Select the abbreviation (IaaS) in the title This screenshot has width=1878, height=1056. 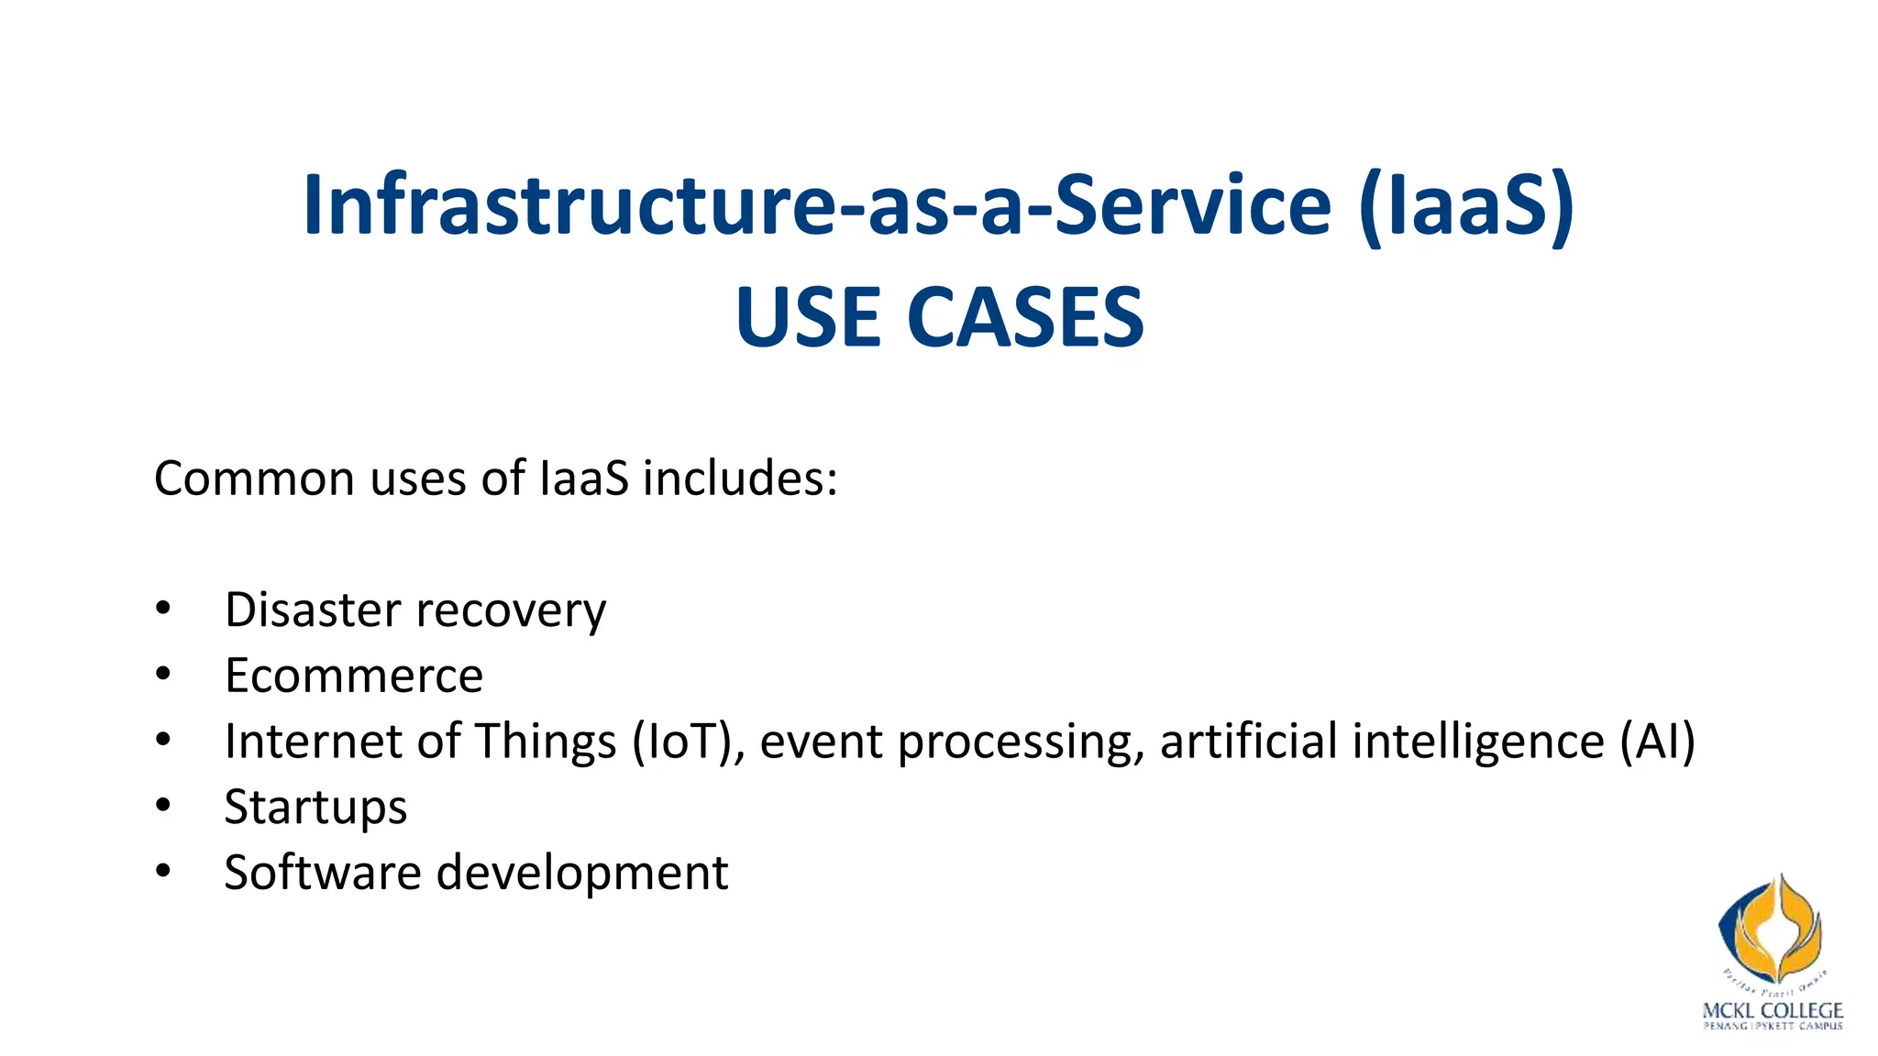(x=1466, y=205)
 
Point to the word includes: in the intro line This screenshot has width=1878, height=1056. (x=739, y=478)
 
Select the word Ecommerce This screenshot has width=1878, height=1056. (x=354, y=676)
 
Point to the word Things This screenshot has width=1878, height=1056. (x=546, y=741)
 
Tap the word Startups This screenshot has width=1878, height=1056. (x=315, y=808)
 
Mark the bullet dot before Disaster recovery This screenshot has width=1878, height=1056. (x=163, y=609)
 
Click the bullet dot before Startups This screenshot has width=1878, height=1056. (x=163, y=806)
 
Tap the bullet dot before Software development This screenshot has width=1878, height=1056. (x=163, y=871)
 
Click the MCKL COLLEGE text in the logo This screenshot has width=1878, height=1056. (x=1772, y=1010)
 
